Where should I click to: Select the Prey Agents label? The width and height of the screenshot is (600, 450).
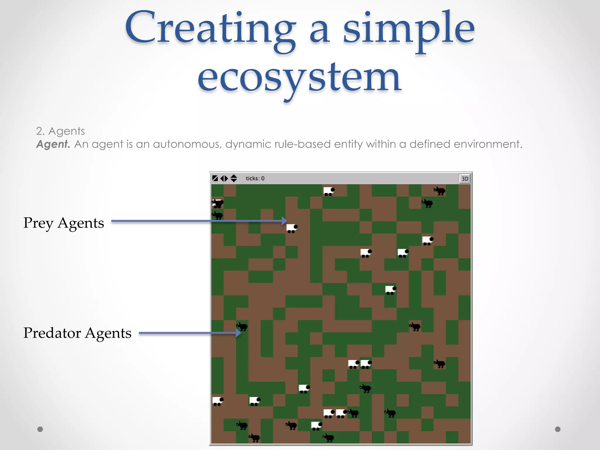click(x=64, y=223)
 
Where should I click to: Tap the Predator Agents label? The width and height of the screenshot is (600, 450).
click(x=77, y=333)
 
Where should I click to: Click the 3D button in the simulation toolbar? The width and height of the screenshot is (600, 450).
click(x=465, y=179)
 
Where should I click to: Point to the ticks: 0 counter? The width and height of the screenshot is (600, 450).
click(x=255, y=178)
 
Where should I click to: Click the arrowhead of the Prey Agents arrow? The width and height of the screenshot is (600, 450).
click(x=284, y=221)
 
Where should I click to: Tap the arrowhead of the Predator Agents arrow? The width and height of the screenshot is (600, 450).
click(x=238, y=333)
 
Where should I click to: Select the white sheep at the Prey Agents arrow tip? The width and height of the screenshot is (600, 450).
click(x=292, y=228)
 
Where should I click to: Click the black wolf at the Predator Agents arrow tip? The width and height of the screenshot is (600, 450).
click(x=242, y=326)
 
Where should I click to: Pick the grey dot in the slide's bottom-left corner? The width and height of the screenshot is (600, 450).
click(x=40, y=429)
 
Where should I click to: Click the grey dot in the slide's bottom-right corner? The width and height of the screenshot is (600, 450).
click(x=558, y=429)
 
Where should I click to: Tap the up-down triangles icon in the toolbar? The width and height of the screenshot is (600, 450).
click(x=233, y=178)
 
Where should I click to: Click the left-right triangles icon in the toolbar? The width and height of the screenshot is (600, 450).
click(x=224, y=178)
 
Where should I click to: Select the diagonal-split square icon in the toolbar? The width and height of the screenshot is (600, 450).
click(x=215, y=178)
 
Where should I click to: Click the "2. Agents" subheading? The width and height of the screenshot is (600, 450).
click(x=60, y=131)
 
